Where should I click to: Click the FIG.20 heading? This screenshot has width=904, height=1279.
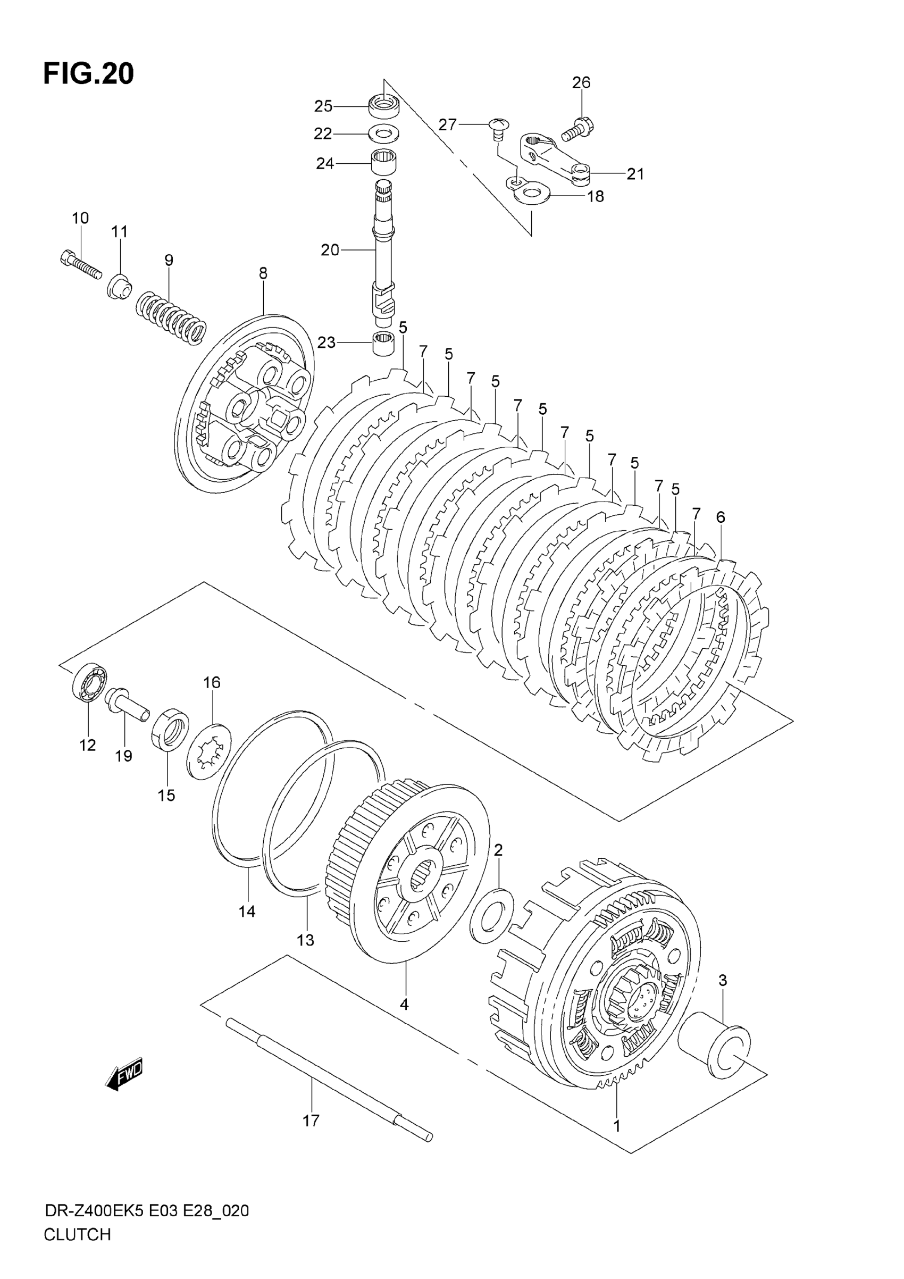coord(89,73)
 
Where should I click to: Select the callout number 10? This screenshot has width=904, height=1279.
coord(80,218)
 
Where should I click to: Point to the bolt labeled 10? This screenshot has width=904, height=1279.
coord(80,266)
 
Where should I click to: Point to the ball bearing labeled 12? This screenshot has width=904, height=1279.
coord(89,682)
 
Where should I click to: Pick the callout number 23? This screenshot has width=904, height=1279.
coord(326,342)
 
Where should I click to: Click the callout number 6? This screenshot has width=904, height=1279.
coord(720,517)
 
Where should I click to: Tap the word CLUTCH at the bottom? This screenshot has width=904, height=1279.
coord(78,1250)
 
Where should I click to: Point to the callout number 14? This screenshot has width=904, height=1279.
coord(247,912)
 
